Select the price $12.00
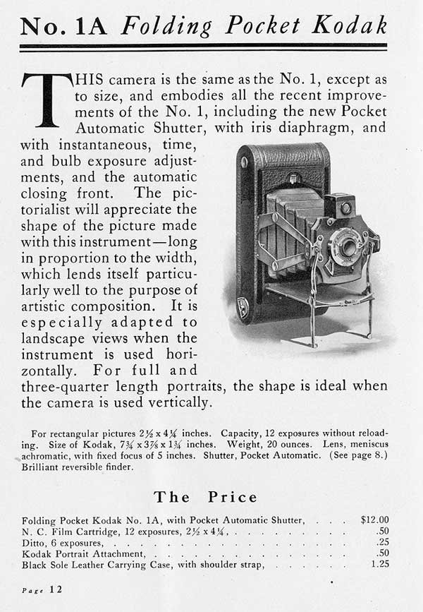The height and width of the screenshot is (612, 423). pyautogui.click(x=374, y=520)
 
